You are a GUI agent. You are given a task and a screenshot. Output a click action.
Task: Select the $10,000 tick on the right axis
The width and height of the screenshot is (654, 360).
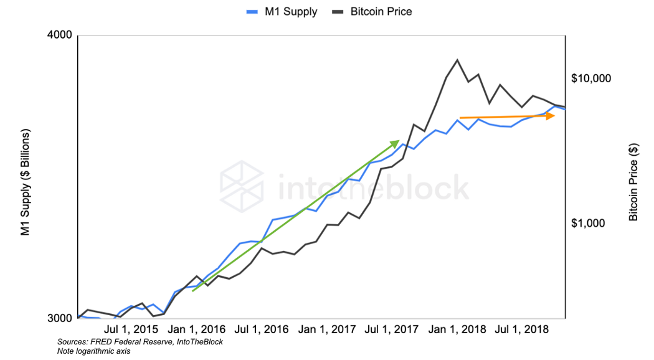tap(591, 78)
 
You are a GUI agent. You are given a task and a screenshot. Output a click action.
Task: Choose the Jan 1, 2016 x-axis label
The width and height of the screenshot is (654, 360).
tap(197, 329)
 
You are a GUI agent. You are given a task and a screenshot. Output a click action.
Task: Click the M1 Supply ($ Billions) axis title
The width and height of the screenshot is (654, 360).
tap(26, 182)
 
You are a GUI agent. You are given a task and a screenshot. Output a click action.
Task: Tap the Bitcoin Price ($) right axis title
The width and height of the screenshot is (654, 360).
tap(633, 182)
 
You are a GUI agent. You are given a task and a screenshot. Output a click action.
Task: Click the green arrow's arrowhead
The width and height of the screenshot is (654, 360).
tap(394, 144)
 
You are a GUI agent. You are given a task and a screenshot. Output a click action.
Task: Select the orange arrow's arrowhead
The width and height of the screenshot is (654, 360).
tap(551, 116)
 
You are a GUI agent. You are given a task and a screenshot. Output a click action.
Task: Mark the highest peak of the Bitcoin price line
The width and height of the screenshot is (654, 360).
tap(458, 60)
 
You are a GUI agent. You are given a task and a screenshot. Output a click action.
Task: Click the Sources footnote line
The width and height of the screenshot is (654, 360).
tap(140, 342)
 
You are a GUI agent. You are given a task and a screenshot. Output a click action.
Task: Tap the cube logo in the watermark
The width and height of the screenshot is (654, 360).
tap(242, 185)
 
